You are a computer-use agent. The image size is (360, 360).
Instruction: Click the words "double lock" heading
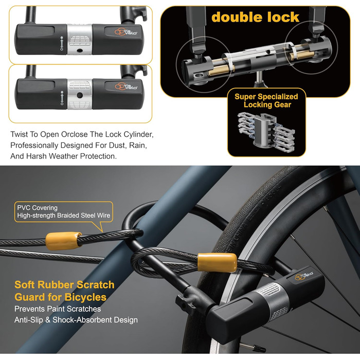(255, 17)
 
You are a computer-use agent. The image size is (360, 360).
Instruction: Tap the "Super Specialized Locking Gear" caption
(266, 101)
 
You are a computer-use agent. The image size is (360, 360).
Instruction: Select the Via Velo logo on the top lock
(125, 32)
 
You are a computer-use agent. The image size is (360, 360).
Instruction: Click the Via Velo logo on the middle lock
(126, 86)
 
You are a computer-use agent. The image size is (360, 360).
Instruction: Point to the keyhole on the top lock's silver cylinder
(79, 50)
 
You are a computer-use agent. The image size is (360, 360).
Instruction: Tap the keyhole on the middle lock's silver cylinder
(79, 95)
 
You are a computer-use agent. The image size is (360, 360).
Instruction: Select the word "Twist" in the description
(19, 134)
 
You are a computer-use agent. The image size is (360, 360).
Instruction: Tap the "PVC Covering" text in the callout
(37, 208)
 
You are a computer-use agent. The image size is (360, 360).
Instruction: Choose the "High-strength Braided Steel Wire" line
(64, 215)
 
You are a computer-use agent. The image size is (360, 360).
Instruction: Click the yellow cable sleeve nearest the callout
(63, 241)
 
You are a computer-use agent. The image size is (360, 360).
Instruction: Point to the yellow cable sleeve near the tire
(217, 262)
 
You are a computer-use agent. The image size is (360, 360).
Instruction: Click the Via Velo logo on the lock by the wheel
(304, 276)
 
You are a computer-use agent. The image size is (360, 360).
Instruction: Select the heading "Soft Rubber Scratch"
(64, 285)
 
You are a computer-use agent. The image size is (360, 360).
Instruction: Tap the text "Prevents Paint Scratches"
(58, 309)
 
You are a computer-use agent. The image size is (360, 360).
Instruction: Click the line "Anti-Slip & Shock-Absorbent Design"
(76, 320)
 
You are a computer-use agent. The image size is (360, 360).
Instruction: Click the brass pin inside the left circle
(221, 70)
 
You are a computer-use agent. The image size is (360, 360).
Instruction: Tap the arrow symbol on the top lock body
(62, 43)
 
